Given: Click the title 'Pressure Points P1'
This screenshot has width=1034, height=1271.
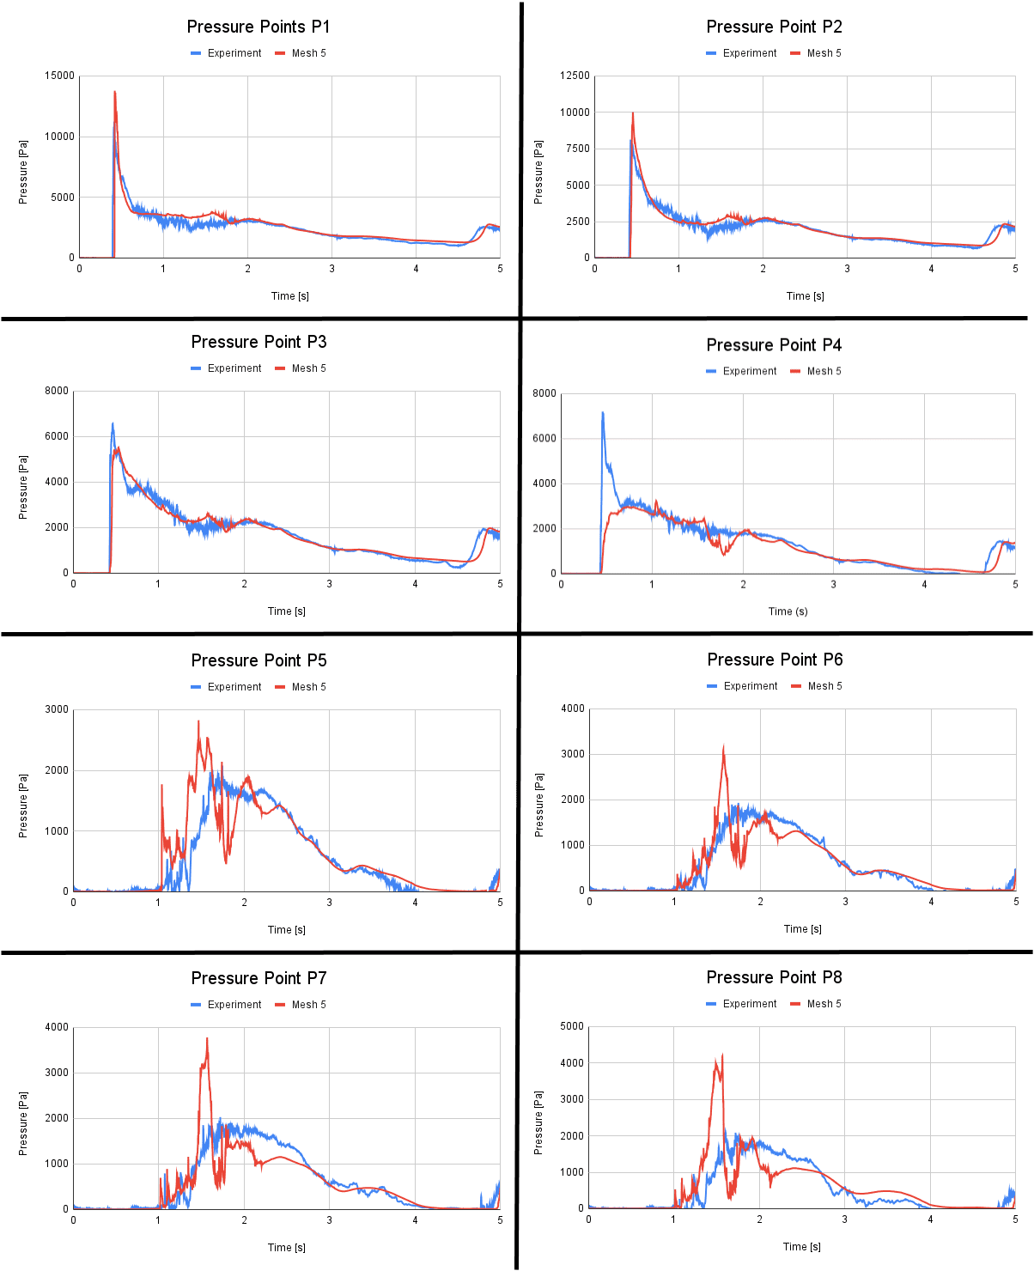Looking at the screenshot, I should (x=258, y=27).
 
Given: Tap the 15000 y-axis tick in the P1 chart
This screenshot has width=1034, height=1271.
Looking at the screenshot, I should (x=60, y=76).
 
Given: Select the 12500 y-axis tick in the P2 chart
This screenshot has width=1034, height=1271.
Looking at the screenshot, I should (x=575, y=76).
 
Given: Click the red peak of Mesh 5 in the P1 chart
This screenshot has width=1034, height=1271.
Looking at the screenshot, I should (x=114, y=92).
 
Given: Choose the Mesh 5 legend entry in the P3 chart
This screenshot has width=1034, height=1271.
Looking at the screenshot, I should (x=301, y=368).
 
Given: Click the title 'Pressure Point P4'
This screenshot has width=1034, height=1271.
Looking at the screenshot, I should (x=774, y=345).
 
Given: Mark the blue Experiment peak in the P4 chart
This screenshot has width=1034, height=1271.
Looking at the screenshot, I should (x=602, y=413).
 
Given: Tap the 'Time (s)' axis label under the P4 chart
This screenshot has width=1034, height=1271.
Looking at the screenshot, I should (x=788, y=611).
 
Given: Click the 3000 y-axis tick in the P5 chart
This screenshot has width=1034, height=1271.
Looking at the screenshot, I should (x=58, y=709).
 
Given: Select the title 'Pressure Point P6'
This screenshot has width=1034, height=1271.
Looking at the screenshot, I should (x=775, y=660).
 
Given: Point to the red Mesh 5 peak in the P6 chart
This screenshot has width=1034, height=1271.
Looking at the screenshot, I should (x=723, y=747).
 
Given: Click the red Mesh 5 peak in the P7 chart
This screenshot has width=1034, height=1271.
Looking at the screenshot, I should (x=207, y=1039).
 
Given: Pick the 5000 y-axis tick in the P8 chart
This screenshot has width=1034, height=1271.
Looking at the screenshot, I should (x=572, y=1026).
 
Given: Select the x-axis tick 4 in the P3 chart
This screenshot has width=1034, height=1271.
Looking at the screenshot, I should (x=416, y=584).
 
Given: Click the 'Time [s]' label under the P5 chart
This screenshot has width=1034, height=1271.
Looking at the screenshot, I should (x=287, y=930).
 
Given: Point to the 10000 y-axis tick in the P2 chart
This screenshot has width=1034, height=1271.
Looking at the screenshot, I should (x=575, y=113).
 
